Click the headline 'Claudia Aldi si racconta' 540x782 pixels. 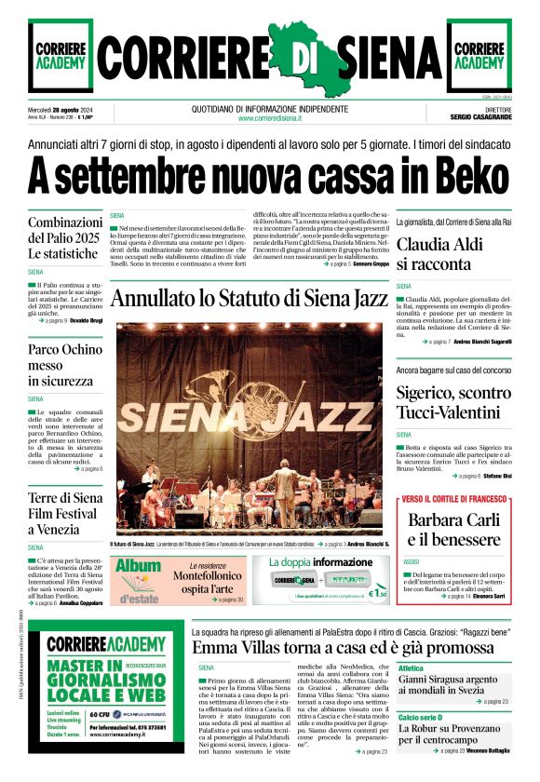coord(447,254)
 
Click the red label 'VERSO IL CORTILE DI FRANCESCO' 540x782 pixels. coord(455,500)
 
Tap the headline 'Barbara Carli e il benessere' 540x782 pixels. coord(454,528)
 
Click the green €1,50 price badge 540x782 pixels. coord(378,590)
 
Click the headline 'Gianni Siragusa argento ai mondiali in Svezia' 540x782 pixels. coord(453,685)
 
